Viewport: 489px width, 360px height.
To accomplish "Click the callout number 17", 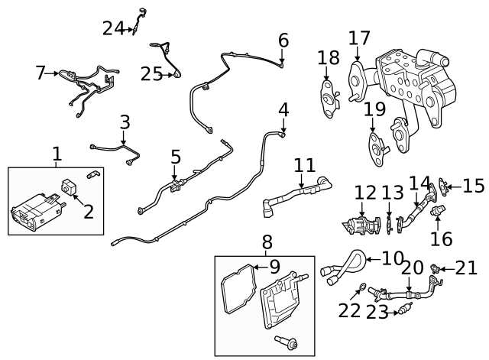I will pos(359,37).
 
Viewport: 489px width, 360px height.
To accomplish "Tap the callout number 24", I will pos(112,28).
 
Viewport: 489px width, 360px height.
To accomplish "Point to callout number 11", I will pos(304,164).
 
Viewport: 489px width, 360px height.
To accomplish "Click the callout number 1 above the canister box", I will pos(57,154).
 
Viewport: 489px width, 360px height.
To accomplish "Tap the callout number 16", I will pos(441,238).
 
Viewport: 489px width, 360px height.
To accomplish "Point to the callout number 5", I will pos(176,157).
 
